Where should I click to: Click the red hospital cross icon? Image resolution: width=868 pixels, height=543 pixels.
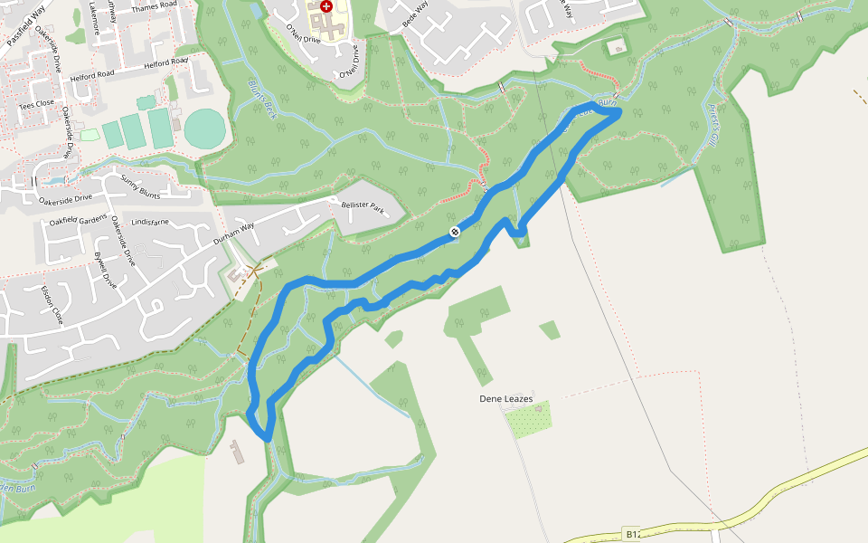coord(326,6)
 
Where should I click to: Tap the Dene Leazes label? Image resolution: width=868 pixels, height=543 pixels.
coord(505,399)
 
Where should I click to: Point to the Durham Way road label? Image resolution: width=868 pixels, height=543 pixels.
coord(229,237)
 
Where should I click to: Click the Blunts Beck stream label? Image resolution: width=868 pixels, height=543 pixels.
coord(261,99)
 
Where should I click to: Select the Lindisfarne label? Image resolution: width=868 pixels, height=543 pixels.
coord(150,221)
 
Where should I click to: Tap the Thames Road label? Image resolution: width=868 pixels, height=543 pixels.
coord(154,6)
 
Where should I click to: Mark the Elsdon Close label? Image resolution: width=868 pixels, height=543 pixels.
coord(52,305)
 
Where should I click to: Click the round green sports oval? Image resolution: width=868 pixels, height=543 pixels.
coord(204,128)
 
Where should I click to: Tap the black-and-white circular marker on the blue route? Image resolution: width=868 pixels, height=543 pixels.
coord(455,233)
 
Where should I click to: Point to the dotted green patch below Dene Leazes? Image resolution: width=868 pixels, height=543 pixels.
coord(530,420)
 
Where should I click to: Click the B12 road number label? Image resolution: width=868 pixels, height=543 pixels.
coord(633,535)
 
